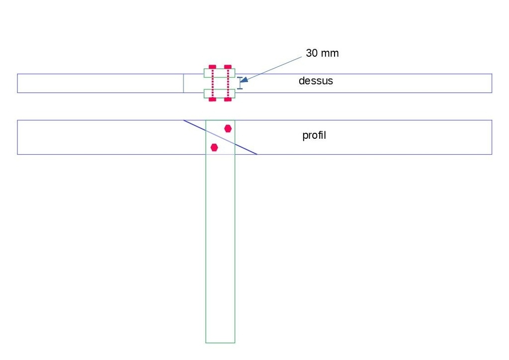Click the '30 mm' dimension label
point(322,53)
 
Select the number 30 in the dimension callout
point(312,53)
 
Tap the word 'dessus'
point(316,81)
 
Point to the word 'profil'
point(314,135)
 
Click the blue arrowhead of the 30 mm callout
point(244,79)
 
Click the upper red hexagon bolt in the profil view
point(228,129)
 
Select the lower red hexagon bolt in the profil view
point(214,147)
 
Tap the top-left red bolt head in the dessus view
point(212,67)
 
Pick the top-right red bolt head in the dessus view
point(228,67)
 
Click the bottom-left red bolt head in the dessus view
point(212,99)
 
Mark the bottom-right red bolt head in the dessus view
point(228,99)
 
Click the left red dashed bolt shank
point(213,83)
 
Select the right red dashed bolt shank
point(228,83)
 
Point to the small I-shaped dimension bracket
point(240,83)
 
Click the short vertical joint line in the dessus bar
point(183,84)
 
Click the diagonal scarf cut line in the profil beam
point(220,137)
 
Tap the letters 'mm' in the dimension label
point(330,54)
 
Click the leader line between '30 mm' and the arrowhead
point(274,68)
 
